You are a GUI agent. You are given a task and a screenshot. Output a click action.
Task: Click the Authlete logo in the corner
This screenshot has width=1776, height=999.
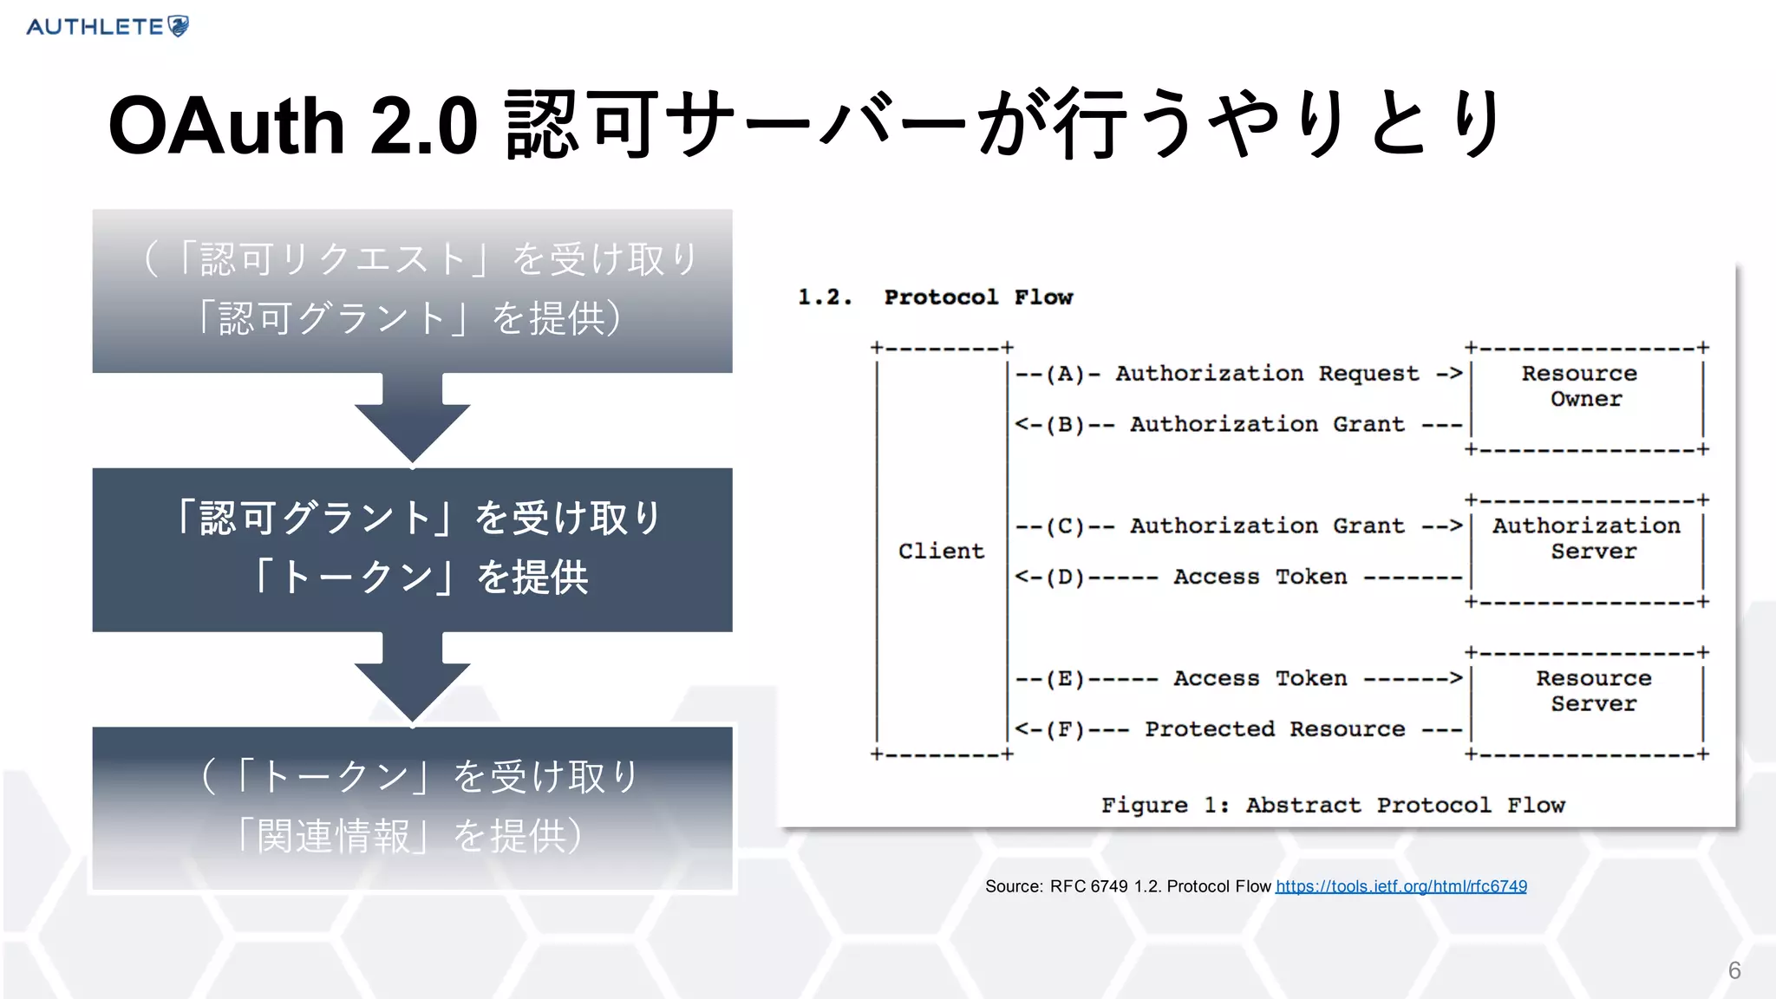click(108, 27)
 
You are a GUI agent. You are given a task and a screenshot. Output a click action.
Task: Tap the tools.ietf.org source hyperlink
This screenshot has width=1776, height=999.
click(1401, 886)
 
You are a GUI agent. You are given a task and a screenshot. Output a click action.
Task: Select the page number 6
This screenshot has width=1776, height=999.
click(1734, 970)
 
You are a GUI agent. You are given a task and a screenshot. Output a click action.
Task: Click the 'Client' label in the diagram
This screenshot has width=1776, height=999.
click(941, 552)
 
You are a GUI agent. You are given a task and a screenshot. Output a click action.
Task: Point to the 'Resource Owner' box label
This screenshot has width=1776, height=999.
click(1583, 387)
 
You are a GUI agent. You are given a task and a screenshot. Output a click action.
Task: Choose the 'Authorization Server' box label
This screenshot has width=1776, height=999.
click(1587, 539)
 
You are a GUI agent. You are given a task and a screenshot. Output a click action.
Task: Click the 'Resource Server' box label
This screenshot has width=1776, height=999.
click(1593, 691)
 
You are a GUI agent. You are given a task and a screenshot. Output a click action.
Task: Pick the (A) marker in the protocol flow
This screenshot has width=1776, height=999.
click(1065, 375)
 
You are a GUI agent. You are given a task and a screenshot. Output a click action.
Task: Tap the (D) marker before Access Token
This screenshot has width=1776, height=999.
click(1065, 578)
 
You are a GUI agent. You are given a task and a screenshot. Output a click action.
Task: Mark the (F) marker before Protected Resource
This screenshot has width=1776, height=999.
click(1065, 729)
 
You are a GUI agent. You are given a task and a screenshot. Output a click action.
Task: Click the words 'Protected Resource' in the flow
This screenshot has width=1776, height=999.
click(1274, 729)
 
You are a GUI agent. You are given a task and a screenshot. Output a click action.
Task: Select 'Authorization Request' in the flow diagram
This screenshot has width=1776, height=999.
click(1266, 375)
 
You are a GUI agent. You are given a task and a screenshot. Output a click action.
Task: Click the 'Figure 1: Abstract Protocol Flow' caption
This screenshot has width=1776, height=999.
click(1333, 806)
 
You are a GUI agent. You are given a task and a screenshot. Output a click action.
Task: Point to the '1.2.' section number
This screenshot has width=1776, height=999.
click(825, 297)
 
